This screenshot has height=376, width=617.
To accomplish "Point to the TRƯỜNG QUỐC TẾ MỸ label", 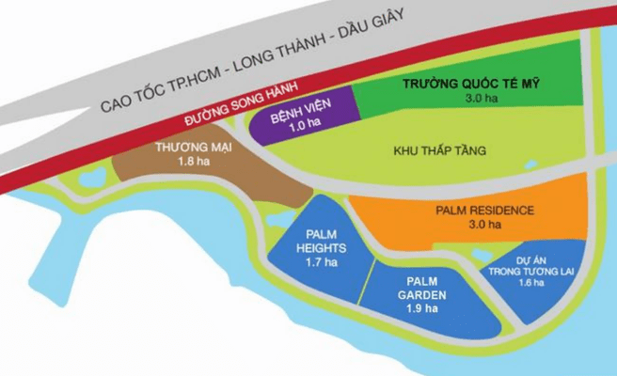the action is click(x=476, y=83).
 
